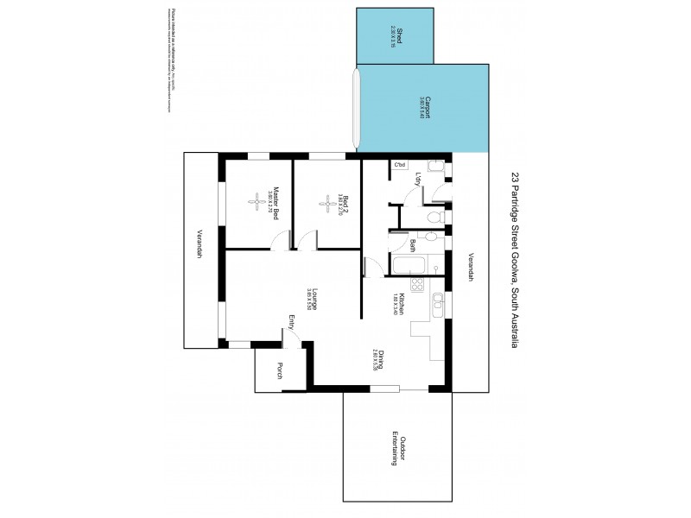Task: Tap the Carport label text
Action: click(x=426, y=110)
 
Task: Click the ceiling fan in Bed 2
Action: click(x=327, y=204)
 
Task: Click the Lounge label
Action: click(x=315, y=298)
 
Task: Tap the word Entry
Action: click(x=292, y=322)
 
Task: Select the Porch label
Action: click(x=279, y=371)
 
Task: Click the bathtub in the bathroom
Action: click(x=404, y=265)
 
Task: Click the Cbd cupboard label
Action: click(x=400, y=164)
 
